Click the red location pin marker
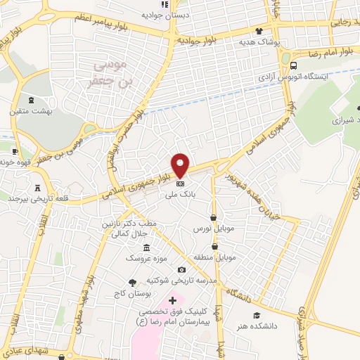pos(181,165)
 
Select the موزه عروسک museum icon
pos(146,248)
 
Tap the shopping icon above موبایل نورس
pos(214,218)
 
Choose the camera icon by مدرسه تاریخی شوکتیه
pos(182,270)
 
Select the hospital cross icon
pos(172,301)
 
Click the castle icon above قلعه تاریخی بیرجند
pos(37,187)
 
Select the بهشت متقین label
pos(26,111)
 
